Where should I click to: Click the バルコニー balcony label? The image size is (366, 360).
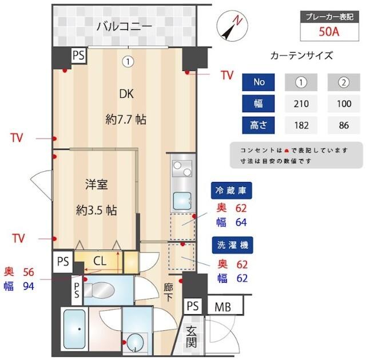[x=124, y=26]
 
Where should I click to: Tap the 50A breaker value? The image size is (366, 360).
[x=329, y=31]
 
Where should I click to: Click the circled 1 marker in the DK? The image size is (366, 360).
[x=129, y=61]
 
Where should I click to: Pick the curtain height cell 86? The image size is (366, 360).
[x=343, y=124]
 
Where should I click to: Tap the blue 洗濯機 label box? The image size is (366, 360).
[x=232, y=244]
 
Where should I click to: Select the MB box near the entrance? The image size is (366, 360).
[x=222, y=307]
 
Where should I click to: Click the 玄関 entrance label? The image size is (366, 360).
[x=192, y=336]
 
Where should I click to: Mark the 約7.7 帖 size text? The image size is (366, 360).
[x=126, y=120]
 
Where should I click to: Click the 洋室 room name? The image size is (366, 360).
[x=97, y=184]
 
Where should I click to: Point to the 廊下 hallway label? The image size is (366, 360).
[x=169, y=292]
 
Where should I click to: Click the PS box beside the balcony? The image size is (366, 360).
[x=79, y=56]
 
